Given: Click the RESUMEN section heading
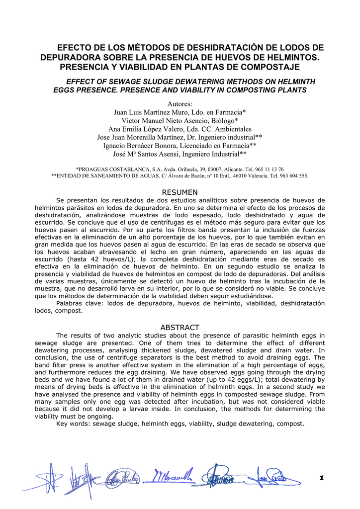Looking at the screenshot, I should [180, 192].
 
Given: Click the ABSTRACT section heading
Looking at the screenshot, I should [180, 328].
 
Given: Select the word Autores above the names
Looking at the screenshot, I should [180, 104].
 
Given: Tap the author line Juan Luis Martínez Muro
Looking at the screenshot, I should [180, 112].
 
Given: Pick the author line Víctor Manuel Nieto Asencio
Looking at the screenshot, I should [180, 121].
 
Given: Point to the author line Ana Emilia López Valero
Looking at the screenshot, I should [180, 129].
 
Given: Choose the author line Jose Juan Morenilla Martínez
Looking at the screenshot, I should [180, 137].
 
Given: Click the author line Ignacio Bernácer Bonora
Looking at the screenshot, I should [180, 146].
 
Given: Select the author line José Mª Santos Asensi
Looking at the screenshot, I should [180, 154].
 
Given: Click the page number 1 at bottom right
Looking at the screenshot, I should [321, 478].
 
